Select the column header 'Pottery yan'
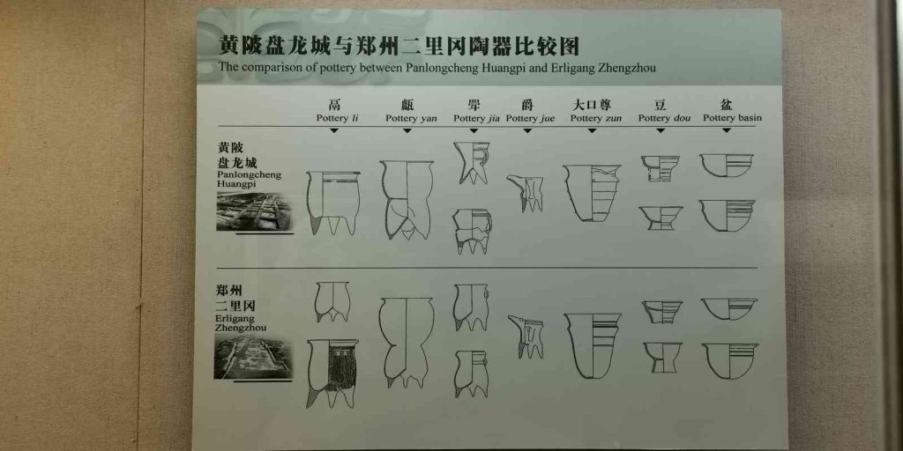pyautogui.click(x=411, y=119)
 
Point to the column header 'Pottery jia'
pyautogui.click(x=476, y=119)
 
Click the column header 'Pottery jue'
pyautogui.click(x=530, y=119)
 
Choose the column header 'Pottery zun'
pyautogui.click(x=595, y=119)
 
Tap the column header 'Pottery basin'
pyautogui.click(x=732, y=118)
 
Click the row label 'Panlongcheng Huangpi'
pyautogui.click(x=249, y=179)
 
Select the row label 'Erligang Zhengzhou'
pyautogui.click(x=240, y=323)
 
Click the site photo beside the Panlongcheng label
pyautogui.click(x=254, y=211)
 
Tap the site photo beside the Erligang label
pyautogui.click(x=253, y=358)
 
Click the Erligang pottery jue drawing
pyautogui.click(x=526, y=336)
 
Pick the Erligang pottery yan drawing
pyautogui.click(x=406, y=343)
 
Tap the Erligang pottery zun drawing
pyautogui.click(x=593, y=345)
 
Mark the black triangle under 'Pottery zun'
pyautogui.click(x=592, y=131)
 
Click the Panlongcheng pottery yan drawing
pyautogui.click(x=407, y=200)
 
